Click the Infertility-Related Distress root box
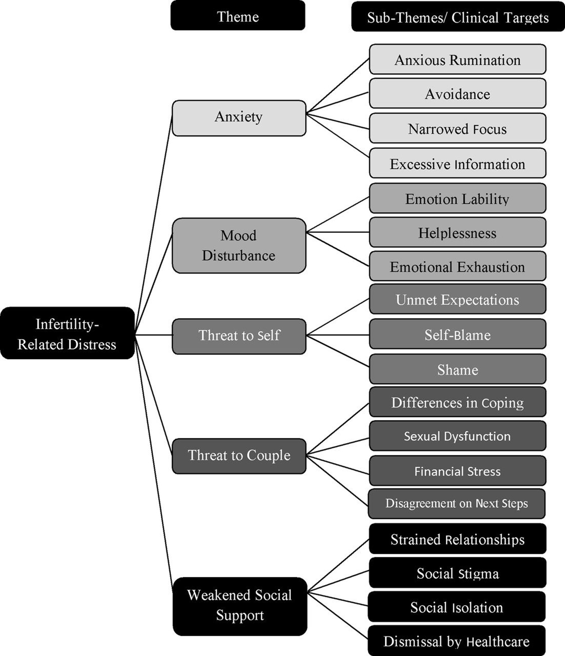pos(67,333)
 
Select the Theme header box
pos(238,16)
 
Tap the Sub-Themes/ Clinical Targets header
pos(458,17)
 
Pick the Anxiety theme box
pos(239,118)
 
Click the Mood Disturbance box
pos(239,245)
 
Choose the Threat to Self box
pos(239,336)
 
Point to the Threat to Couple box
pos(239,456)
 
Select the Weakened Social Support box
pos(240,606)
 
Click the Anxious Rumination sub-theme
pos(457,59)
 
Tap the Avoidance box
pos(457,94)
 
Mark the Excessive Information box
pos(457,163)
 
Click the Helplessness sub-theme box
pos(457,233)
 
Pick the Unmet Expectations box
pos(457,299)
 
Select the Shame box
pos(457,369)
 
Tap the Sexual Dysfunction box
pos(457,436)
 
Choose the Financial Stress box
pos(457,471)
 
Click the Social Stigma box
pos(457,573)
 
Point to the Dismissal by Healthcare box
pos(456,641)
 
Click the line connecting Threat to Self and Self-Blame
pos(337,335)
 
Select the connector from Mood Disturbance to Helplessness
pos(337,232)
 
